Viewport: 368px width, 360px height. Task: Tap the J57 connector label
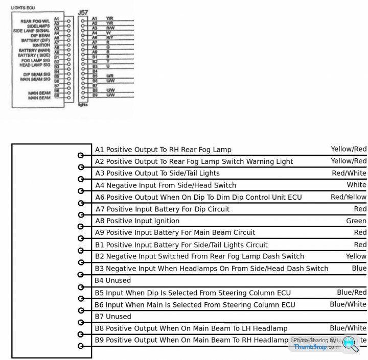82,11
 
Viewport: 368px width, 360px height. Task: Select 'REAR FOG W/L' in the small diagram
34,21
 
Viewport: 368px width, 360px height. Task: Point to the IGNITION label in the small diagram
41,45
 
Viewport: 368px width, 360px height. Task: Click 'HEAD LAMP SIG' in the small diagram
35,65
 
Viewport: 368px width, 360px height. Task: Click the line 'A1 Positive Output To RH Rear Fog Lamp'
163,150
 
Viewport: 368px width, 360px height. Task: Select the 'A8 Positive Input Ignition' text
137,221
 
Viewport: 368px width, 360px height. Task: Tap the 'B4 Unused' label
112,280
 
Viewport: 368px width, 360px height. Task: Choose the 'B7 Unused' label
112,317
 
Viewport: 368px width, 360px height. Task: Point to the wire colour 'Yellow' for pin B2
356,256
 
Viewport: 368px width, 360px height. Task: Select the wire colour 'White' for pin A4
356,185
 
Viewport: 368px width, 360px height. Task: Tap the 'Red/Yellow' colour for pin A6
348,197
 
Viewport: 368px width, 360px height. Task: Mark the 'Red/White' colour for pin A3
349,173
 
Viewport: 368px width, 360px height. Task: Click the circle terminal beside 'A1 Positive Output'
80,155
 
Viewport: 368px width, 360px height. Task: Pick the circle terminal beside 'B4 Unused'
80,286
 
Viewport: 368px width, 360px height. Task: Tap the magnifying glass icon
350,343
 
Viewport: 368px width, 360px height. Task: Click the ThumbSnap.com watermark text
316,347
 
